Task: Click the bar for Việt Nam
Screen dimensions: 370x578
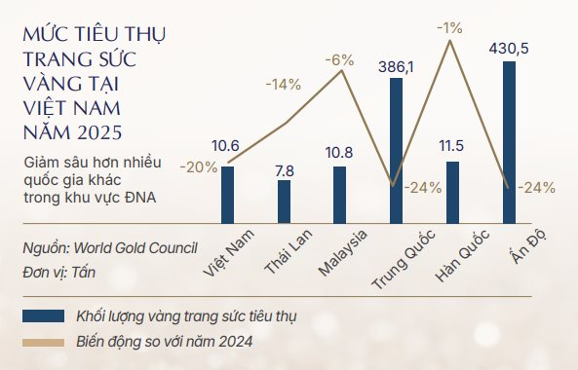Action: pyautogui.click(x=227, y=195)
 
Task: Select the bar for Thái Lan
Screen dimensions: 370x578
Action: pyautogui.click(x=284, y=202)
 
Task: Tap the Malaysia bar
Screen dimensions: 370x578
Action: pyautogui.click(x=340, y=195)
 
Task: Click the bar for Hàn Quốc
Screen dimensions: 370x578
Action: pyautogui.click(x=452, y=193)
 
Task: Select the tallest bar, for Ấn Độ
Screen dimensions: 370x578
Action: pyautogui.click(x=509, y=142)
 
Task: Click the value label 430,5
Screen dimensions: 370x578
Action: pyautogui.click(x=509, y=49)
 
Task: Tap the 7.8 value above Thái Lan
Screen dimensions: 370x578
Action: pyautogui.click(x=284, y=169)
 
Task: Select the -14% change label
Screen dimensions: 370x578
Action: pyautogui.click(x=283, y=84)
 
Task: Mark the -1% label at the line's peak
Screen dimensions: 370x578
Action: pyautogui.click(x=449, y=28)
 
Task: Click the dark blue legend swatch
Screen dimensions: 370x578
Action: pyautogui.click(x=44, y=315)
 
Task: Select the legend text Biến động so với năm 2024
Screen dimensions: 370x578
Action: pyautogui.click(x=167, y=342)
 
